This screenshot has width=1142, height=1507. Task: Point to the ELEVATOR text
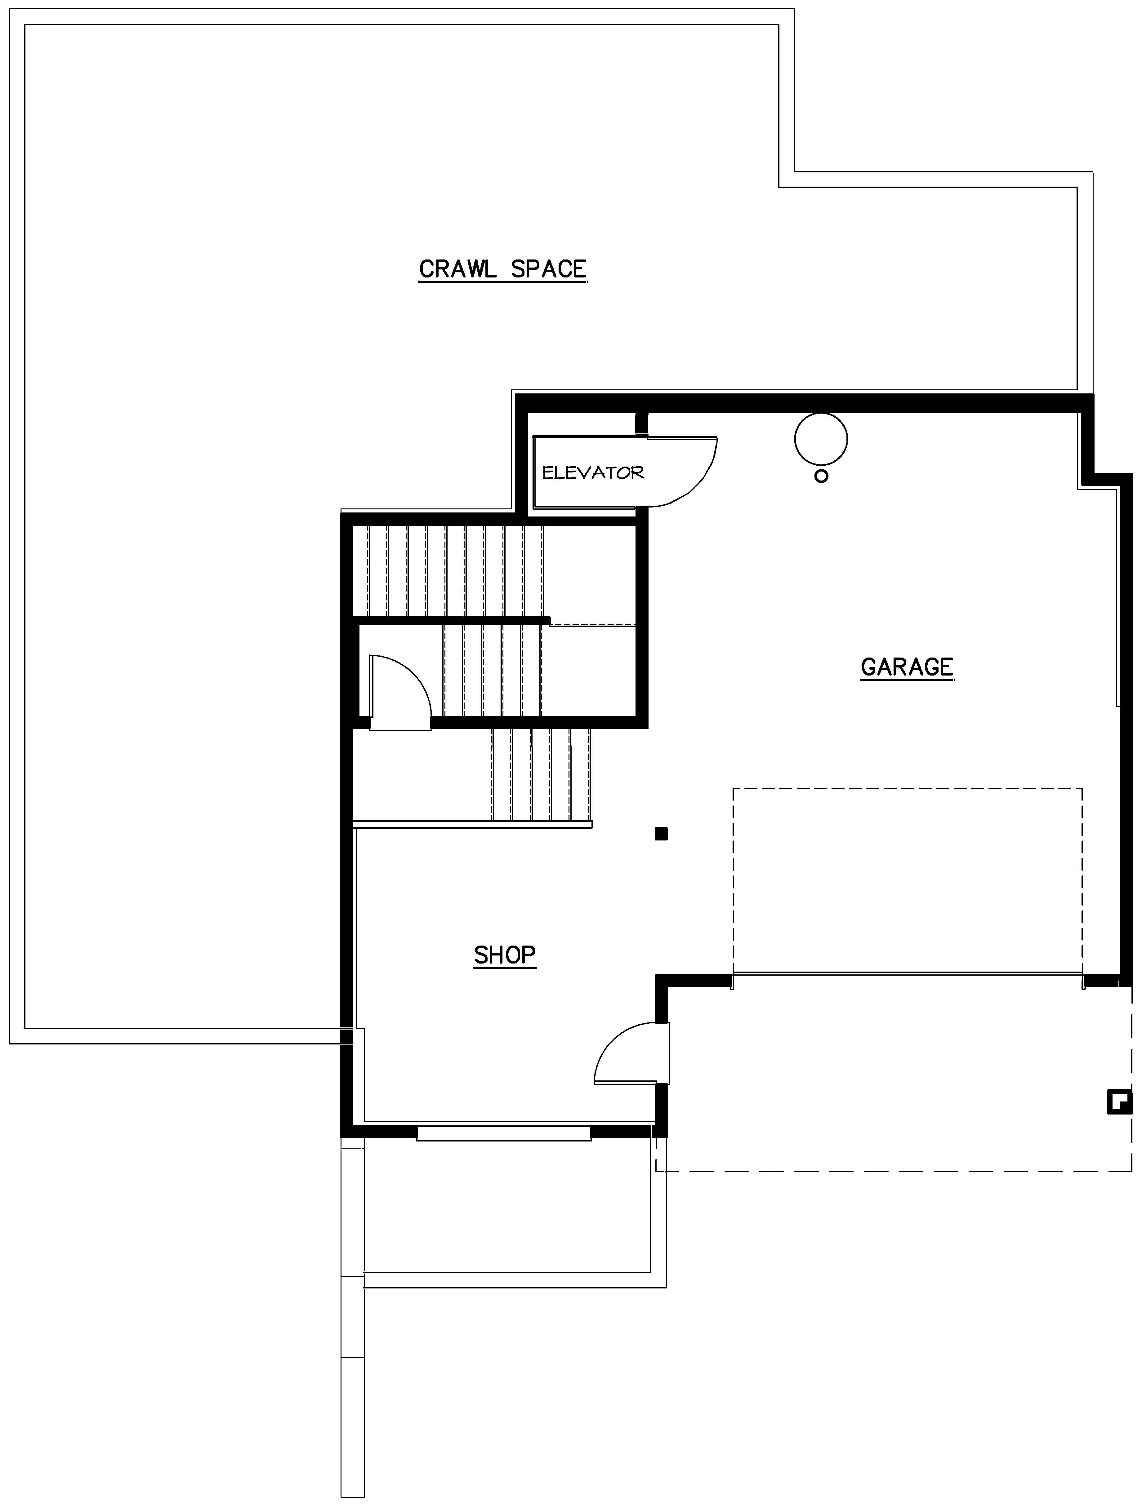(592, 473)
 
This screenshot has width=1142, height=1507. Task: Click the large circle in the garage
(821, 439)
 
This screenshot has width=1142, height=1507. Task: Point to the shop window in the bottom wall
(504, 1133)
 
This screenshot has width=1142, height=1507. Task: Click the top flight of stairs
(455, 571)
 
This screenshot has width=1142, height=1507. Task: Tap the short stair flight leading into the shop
(541, 775)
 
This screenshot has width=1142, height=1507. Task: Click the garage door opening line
(908, 974)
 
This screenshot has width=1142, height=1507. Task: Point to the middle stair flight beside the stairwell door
(492, 671)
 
